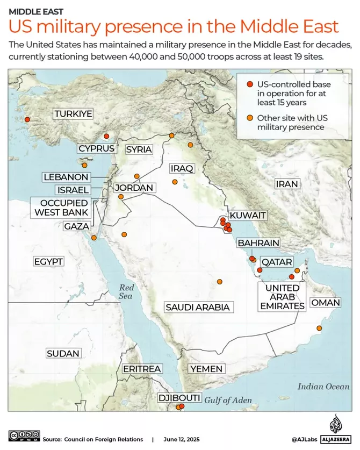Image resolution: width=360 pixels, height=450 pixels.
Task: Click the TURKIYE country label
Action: click(x=73, y=114)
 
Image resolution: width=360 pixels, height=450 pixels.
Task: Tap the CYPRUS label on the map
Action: click(x=96, y=148)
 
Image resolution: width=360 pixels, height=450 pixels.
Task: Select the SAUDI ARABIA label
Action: click(x=197, y=307)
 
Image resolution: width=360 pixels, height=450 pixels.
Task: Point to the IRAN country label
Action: click(x=286, y=184)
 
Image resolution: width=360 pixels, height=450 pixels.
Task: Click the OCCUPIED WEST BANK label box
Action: click(x=61, y=208)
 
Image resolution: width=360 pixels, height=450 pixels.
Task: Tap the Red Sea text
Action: click(x=126, y=291)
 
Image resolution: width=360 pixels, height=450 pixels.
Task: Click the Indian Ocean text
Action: click(x=323, y=386)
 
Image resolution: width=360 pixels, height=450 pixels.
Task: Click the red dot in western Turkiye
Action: click(x=27, y=120)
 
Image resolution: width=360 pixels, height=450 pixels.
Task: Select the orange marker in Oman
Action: click(x=319, y=328)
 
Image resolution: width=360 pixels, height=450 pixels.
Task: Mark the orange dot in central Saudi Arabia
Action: click(x=219, y=281)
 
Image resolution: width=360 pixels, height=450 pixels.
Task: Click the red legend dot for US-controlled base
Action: click(x=249, y=84)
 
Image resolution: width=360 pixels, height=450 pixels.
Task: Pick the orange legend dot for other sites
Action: click(x=249, y=118)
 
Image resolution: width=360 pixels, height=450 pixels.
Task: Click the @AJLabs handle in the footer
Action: click(x=305, y=439)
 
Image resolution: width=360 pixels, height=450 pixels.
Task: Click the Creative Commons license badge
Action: click(x=24, y=435)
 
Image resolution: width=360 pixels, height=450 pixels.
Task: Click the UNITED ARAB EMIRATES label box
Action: click(x=282, y=296)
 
